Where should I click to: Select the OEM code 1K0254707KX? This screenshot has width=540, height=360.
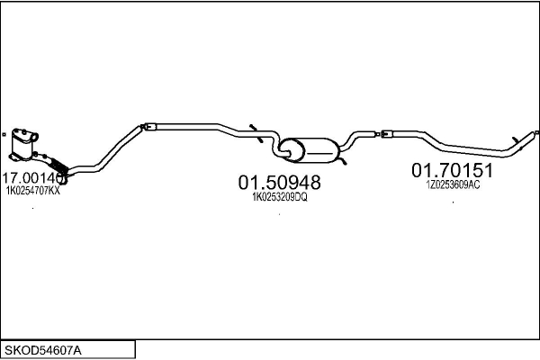tap(33, 191)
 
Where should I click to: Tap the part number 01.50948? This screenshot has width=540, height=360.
tap(279, 183)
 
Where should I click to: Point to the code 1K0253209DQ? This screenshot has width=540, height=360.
tap(280, 198)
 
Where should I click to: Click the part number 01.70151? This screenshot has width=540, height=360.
tap(454, 170)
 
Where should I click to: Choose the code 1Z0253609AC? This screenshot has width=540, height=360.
tap(454, 184)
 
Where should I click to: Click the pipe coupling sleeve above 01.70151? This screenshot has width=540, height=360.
tap(386, 135)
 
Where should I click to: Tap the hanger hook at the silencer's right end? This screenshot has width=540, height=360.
tap(342, 158)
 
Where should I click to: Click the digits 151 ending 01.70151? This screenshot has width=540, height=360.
tap(479, 170)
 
